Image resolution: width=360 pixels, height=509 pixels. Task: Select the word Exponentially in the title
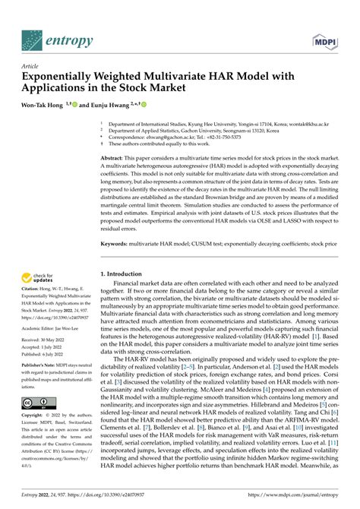coord(62,77)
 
